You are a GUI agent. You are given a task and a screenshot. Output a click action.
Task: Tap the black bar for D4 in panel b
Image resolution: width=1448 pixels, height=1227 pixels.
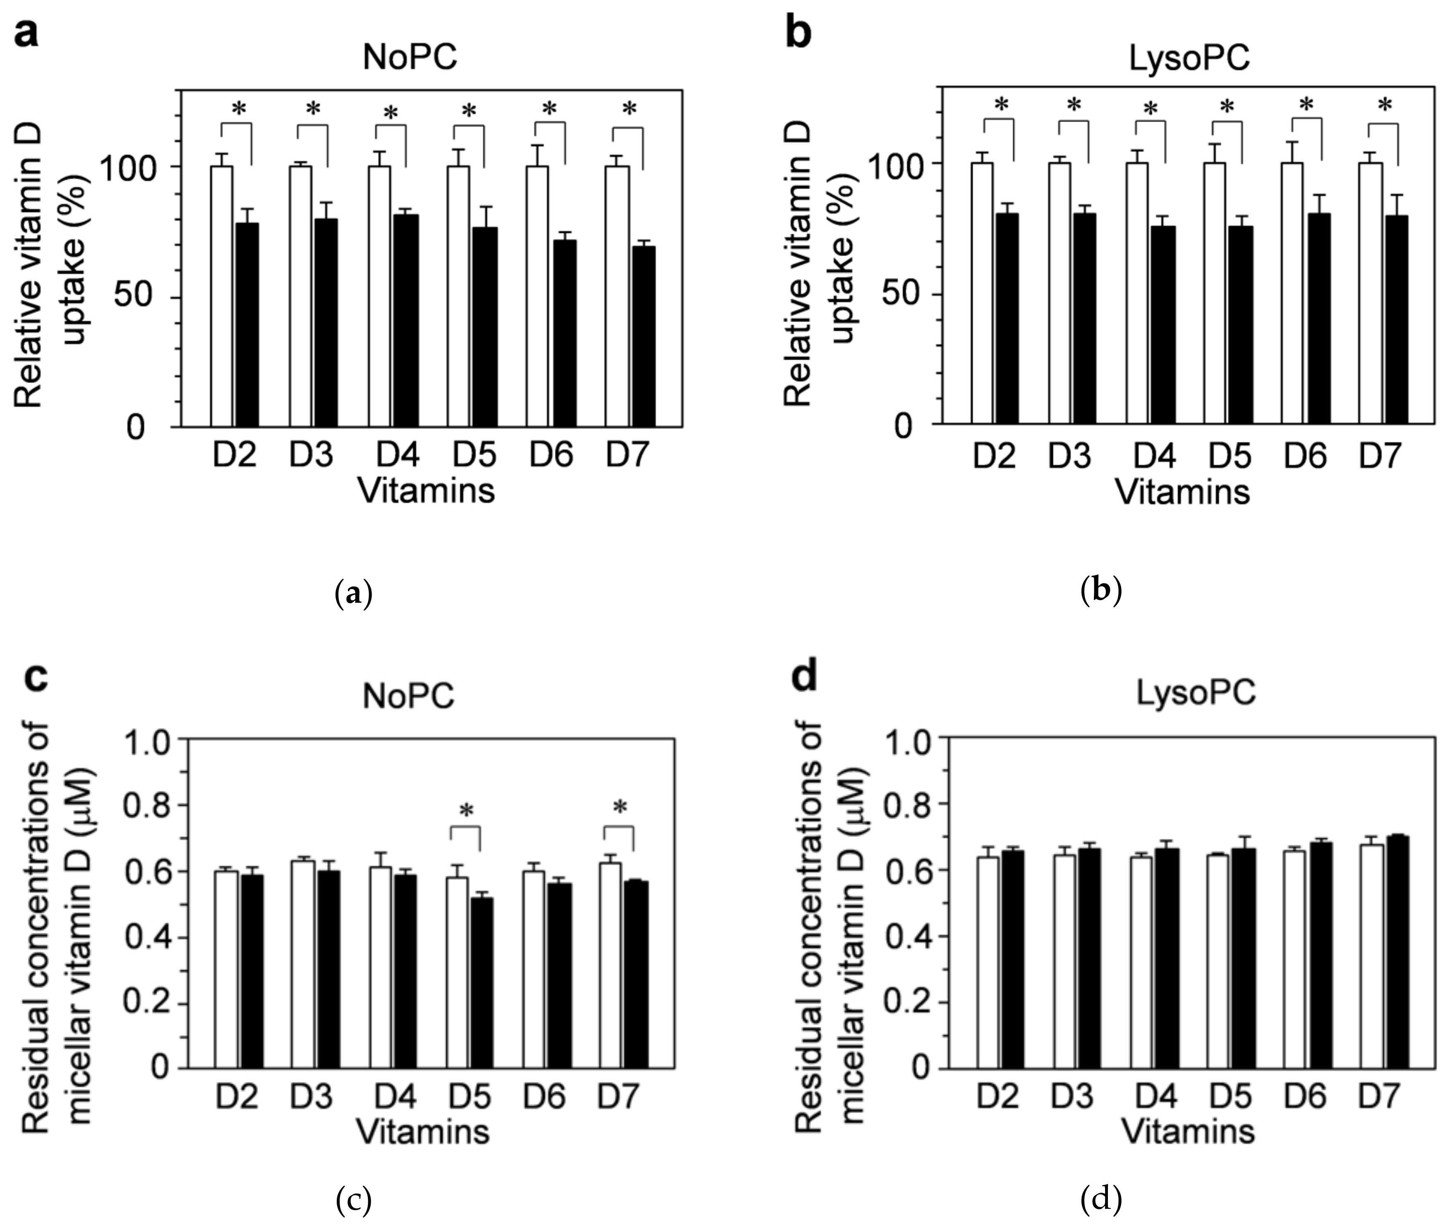click(1163, 324)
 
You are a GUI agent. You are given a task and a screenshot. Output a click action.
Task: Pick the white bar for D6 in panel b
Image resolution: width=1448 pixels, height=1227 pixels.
click(1292, 293)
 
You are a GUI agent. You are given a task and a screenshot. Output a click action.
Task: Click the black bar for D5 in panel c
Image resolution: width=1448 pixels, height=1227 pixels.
click(481, 983)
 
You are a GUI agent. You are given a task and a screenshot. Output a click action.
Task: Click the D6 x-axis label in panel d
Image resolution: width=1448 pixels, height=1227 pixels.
click(1305, 1097)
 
